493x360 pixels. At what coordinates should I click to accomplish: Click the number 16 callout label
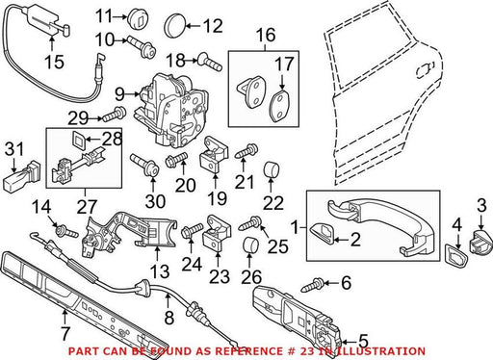coord(266,36)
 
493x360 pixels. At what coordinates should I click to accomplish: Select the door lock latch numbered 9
coord(172,110)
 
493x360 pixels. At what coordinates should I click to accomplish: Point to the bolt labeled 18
coord(210,63)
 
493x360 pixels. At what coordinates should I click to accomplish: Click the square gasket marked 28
coord(78,139)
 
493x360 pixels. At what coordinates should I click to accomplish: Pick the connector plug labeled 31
coord(22,176)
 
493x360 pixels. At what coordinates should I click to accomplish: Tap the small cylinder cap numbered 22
coord(272,170)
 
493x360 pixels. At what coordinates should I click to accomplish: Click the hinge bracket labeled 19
coord(215,154)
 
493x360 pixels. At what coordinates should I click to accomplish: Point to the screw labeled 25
coord(249,223)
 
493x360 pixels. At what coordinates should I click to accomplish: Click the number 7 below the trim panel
coord(65,334)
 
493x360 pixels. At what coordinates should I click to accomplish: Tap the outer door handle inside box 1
coord(379,226)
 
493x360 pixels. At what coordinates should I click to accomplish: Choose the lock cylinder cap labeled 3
coord(480,243)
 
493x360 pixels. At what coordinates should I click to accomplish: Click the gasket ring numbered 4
coord(456,256)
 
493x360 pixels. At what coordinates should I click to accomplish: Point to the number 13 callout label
coord(160,271)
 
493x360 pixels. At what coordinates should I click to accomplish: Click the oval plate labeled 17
coord(280,107)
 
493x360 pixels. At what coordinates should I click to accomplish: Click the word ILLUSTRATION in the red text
coord(381,351)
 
